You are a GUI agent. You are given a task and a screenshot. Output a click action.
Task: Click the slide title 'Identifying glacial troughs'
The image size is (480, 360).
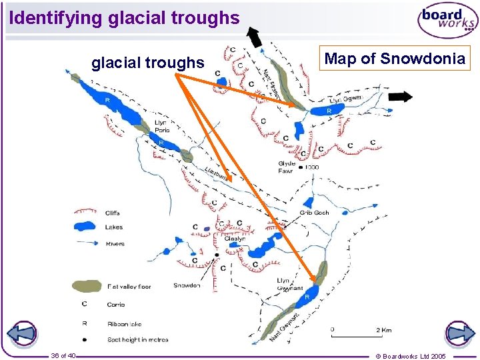pos(125,18)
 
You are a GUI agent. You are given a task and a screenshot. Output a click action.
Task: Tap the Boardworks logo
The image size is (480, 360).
pos(447,21)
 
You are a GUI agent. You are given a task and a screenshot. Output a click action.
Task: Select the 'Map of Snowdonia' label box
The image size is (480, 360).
pos(394,59)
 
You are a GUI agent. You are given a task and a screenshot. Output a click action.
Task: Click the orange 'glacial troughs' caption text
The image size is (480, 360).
pos(147,63)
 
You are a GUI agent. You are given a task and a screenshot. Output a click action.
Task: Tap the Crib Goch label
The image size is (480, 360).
pos(314,213)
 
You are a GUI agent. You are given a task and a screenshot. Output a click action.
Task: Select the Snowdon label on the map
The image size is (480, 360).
pos(186,285)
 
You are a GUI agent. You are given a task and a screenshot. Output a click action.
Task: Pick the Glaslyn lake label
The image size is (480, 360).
pos(235,239)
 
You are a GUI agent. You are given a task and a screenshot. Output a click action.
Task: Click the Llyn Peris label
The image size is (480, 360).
pos(161,126)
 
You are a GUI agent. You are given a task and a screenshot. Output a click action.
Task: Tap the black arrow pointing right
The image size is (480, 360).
pos(400,97)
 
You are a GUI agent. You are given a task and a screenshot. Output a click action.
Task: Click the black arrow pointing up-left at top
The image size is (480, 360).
pos(253,37)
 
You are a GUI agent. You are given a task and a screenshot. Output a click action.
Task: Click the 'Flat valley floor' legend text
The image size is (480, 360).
pos(129,287)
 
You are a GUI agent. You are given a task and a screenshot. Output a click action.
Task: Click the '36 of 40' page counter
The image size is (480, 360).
pos(63,355)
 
